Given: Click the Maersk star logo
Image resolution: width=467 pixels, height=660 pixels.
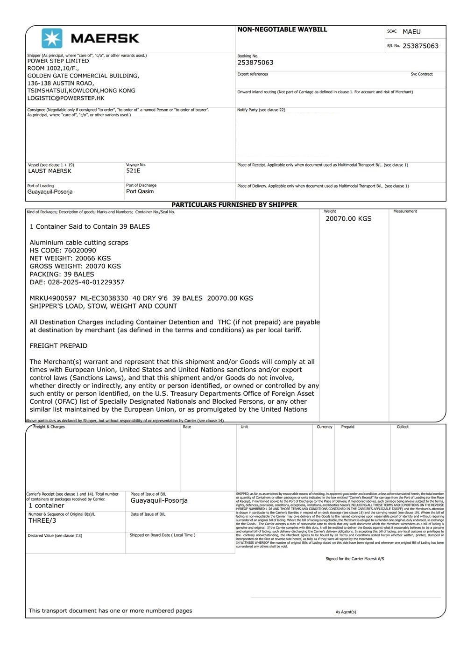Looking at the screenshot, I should click(x=52, y=38).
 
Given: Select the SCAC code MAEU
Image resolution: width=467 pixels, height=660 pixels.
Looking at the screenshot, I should click(x=411, y=32).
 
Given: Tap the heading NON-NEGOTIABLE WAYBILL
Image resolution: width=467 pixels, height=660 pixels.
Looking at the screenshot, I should click(x=282, y=29).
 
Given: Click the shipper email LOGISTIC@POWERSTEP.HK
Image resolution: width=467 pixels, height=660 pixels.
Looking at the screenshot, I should click(x=66, y=98).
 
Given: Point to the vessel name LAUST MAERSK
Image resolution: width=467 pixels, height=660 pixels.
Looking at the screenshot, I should click(x=50, y=171).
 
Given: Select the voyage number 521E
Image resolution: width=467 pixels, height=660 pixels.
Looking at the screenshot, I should click(x=133, y=170).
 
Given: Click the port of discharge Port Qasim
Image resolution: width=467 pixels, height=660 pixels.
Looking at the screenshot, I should click(x=140, y=191).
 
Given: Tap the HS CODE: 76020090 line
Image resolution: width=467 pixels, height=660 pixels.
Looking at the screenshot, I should click(x=63, y=250).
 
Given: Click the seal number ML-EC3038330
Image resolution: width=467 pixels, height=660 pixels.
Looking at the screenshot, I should click(x=104, y=298).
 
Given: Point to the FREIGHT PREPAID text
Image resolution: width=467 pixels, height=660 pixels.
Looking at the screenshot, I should click(x=58, y=346).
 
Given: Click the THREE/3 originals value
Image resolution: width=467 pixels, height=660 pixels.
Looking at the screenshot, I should click(x=42, y=520).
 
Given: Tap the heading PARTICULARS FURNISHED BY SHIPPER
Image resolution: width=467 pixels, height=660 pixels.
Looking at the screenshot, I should click(x=234, y=204).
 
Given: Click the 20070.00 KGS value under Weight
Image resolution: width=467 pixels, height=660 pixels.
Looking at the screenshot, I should click(x=348, y=218).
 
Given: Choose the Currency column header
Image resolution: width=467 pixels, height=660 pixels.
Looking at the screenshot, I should click(x=324, y=427).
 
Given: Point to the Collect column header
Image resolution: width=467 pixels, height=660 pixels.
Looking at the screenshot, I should click(x=403, y=427).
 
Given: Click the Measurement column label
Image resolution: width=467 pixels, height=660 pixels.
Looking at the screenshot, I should click(x=405, y=211).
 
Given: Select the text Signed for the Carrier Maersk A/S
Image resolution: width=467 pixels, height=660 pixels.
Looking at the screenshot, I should click(x=354, y=559).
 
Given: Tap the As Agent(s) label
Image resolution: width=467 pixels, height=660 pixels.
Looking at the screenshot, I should click(x=346, y=612).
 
